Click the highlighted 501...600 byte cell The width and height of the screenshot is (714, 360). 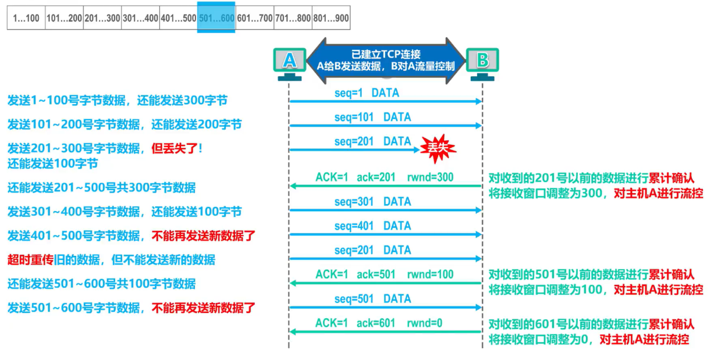216,18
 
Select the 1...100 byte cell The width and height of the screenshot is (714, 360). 26,18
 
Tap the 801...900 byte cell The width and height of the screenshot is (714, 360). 331,18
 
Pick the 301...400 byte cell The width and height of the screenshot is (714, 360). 140,18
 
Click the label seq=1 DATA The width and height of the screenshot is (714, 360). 367,93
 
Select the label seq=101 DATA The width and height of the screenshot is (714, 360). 372,117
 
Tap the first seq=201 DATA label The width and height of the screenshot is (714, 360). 372,141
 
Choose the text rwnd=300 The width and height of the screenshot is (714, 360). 430,177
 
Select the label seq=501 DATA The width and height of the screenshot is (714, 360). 372,298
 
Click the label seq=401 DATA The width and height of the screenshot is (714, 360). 372,226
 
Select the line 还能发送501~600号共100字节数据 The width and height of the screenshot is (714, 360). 101,284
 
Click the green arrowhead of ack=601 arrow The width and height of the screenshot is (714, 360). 293,332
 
